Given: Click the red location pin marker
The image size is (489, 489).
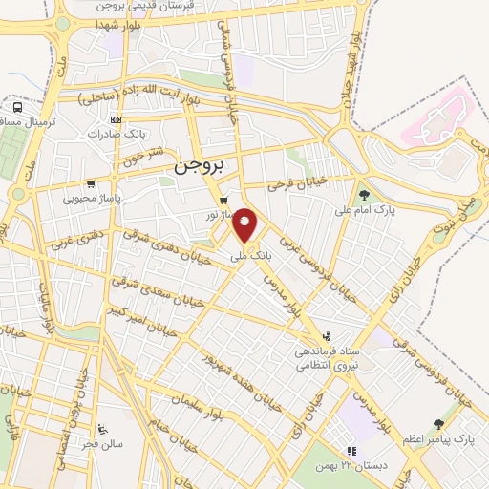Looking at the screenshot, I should (x=246, y=226).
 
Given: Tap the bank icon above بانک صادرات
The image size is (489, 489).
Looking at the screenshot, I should (x=116, y=119).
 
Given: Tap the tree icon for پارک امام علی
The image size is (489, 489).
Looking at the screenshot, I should (x=364, y=195).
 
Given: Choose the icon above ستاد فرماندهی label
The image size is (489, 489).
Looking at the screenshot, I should (x=329, y=335).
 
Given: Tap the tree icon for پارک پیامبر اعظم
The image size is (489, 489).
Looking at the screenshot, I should (x=438, y=423).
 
